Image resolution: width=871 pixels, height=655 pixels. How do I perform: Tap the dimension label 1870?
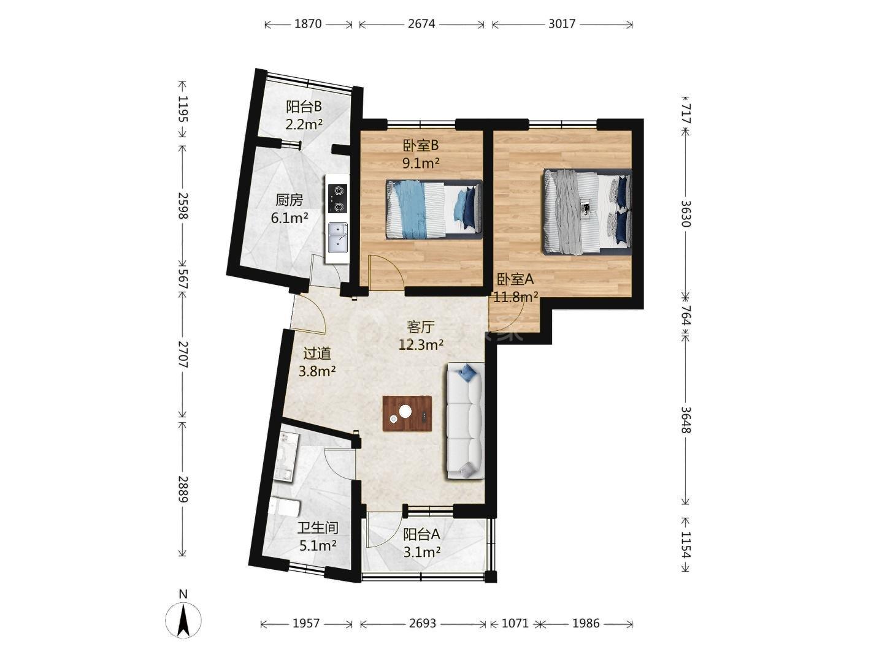(308, 24)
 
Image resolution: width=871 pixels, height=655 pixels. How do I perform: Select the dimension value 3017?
(561, 24)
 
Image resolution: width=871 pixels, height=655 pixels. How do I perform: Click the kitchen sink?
(337, 238)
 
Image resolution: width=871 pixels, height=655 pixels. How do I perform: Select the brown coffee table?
(407, 414)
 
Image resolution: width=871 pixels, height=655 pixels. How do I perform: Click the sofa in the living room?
(466, 421)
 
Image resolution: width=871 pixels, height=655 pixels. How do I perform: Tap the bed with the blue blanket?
(434, 210)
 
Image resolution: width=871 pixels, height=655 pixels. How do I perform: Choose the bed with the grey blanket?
(587, 212)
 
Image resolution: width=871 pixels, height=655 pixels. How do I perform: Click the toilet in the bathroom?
(285, 508)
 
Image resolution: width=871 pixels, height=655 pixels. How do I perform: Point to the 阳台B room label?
(304, 107)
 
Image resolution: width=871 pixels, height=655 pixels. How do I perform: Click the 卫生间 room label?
(318, 528)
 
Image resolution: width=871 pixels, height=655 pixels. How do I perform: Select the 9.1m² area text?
(421, 163)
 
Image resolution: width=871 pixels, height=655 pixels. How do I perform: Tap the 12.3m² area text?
(421, 345)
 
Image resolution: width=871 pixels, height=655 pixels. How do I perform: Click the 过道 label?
(317, 353)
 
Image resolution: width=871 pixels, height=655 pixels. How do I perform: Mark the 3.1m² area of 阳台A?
(421, 551)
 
